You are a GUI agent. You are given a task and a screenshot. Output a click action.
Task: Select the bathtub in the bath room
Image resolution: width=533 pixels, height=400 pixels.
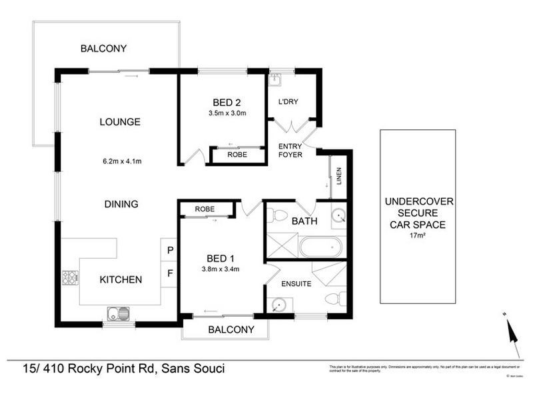[320, 248]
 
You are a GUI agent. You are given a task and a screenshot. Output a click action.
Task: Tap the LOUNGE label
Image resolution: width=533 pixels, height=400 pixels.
[120, 122]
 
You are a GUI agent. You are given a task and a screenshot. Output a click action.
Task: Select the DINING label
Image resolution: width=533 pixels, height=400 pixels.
[121, 204]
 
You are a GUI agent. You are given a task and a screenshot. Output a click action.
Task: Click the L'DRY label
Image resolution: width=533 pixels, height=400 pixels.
[290, 102]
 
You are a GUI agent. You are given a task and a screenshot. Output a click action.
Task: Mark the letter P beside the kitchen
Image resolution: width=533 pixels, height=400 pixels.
[170, 251]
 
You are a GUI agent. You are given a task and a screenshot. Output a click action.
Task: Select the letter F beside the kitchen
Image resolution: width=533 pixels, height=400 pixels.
[170, 273]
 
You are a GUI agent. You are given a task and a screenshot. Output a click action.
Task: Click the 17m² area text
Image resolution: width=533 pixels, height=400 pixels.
[418, 235]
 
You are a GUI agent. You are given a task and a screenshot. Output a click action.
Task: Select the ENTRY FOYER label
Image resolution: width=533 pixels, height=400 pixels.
[290, 150]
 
